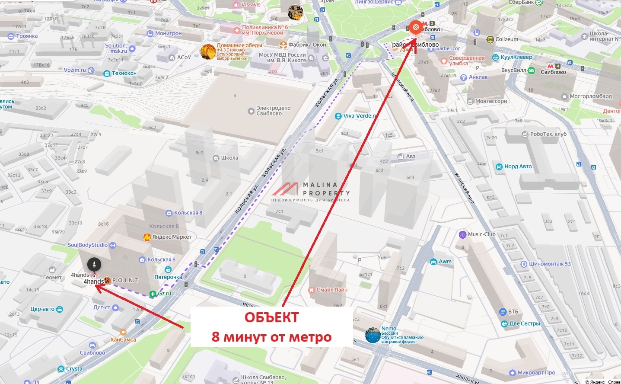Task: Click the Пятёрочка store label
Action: tap(168, 277)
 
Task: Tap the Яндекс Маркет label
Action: tap(172, 237)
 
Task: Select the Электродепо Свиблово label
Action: tap(273, 111)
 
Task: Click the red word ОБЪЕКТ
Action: tap(271, 317)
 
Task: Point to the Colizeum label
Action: tap(506, 39)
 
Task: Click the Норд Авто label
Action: tap(518, 166)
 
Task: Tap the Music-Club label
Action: tap(481, 234)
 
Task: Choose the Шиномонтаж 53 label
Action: tap(550, 264)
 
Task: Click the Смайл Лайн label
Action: tap(331, 290)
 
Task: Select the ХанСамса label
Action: tap(123, 339)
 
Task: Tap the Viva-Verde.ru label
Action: tap(360, 116)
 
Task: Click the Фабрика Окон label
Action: tap(307, 45)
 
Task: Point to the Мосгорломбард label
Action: tap(590, 96)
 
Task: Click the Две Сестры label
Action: tap(524, 323)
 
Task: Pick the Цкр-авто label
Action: tap(43, 309)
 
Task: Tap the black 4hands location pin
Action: tap(94, 264)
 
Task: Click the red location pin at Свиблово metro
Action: tap(415, 27)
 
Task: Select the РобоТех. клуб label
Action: tap(548, 134)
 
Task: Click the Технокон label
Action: tap(124, 74)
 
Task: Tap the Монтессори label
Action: tap(491, 101)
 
